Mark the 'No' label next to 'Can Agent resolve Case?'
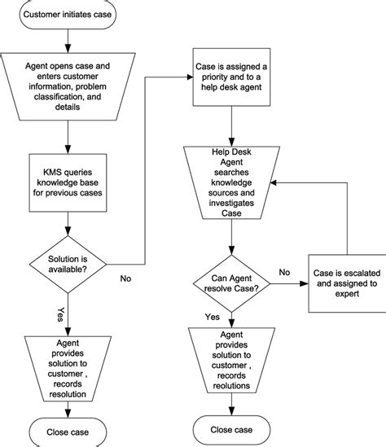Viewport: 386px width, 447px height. coord(284,273)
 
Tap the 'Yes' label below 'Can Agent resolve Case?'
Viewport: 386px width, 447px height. coord(212,316)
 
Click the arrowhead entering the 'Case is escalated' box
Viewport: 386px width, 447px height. coord(306,283)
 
